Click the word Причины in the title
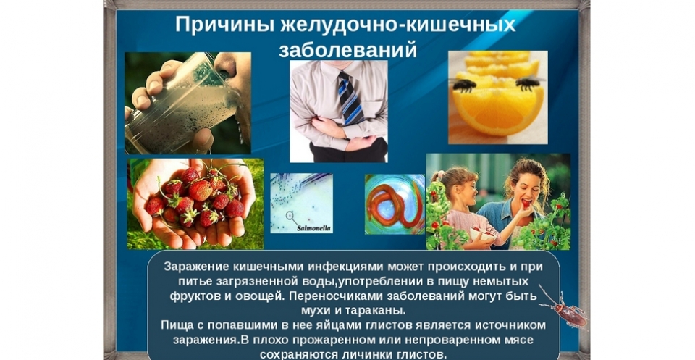coord(224,25)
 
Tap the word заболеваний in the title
coord(348,50)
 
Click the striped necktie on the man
coord(350,98)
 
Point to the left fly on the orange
coord(464,85)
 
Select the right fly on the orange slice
coord(528,83)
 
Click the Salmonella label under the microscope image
coord(313,229)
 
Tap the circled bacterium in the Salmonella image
coord(290,215)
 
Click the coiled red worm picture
coord(395,204)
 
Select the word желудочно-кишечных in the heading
coord(398,25)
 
